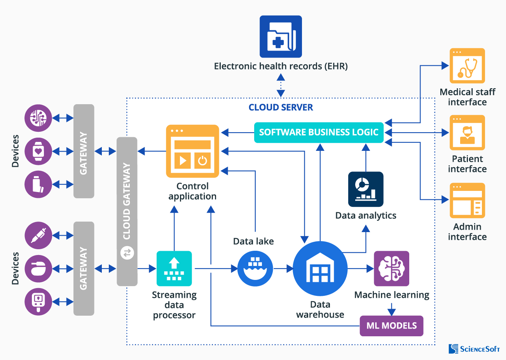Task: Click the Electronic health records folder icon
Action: [281, 37]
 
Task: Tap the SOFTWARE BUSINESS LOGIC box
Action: [319, 133]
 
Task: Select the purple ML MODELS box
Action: [391, 326]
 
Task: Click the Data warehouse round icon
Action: [320, 269]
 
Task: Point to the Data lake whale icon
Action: [255, 269]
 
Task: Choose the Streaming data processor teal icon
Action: [174, 269]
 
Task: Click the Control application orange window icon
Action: [193, 151]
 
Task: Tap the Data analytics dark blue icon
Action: [366, 189]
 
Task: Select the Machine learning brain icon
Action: [391, 269]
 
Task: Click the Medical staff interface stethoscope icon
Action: [467, 66]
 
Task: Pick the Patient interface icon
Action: [467, 133]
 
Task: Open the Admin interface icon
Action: [467, 201]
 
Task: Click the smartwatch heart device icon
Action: [38, 151]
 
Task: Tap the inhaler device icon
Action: [38, 184]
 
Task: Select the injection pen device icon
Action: [38, 236]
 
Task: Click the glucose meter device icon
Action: [38, 302]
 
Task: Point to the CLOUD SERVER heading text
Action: [281, 108]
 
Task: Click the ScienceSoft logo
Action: [474, 349]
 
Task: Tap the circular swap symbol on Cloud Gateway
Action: [127, 253]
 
